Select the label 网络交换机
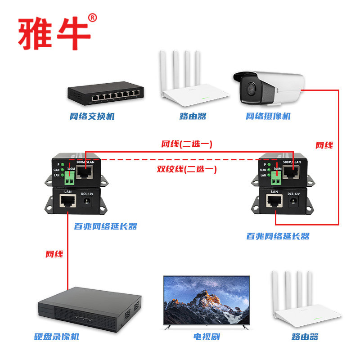click(x=92, y=116)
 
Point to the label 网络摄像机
click(x=268, y=116)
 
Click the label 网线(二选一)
click(x=186, y=144)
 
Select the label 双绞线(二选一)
click(x=186, y=170)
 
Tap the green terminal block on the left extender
click(x=69, y=180)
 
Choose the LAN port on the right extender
click(x=275, y=202)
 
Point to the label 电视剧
click(x=207, y=337)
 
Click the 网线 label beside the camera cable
click(x=324, y=145)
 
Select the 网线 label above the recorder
click(x=54, y=254)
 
